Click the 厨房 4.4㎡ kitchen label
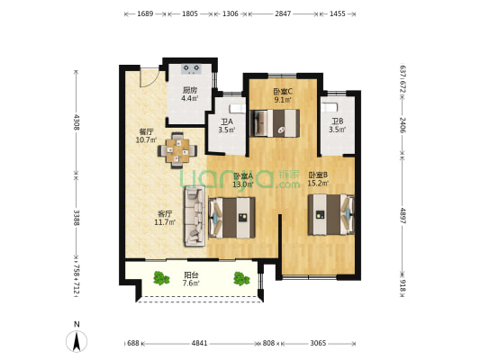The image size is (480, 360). click(x=189, y=94)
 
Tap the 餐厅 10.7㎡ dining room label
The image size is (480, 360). click(x=146, y=136)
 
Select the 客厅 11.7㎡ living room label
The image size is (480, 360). click(x=163, y=219)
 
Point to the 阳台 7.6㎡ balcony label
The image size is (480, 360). click(x=190, y=279)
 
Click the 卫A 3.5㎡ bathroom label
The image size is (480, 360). click(x=226, y=126)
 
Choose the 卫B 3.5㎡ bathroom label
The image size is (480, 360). click(x=337, y=126)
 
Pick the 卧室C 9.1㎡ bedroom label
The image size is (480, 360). click(x=282, y=95)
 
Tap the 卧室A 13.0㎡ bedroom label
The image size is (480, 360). click(x=242, y=180)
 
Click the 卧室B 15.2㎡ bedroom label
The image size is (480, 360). click(x=317, y=179)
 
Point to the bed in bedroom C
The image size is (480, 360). click(x=276, y=127)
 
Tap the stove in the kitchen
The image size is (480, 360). click(x=192, y=68)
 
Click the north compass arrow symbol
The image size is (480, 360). click(x=77, y=340)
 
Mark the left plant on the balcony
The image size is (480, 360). click(x=160, y=278)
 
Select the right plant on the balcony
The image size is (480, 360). click(x=240, y=278)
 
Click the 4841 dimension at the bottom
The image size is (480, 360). click(x=199, y=343)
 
